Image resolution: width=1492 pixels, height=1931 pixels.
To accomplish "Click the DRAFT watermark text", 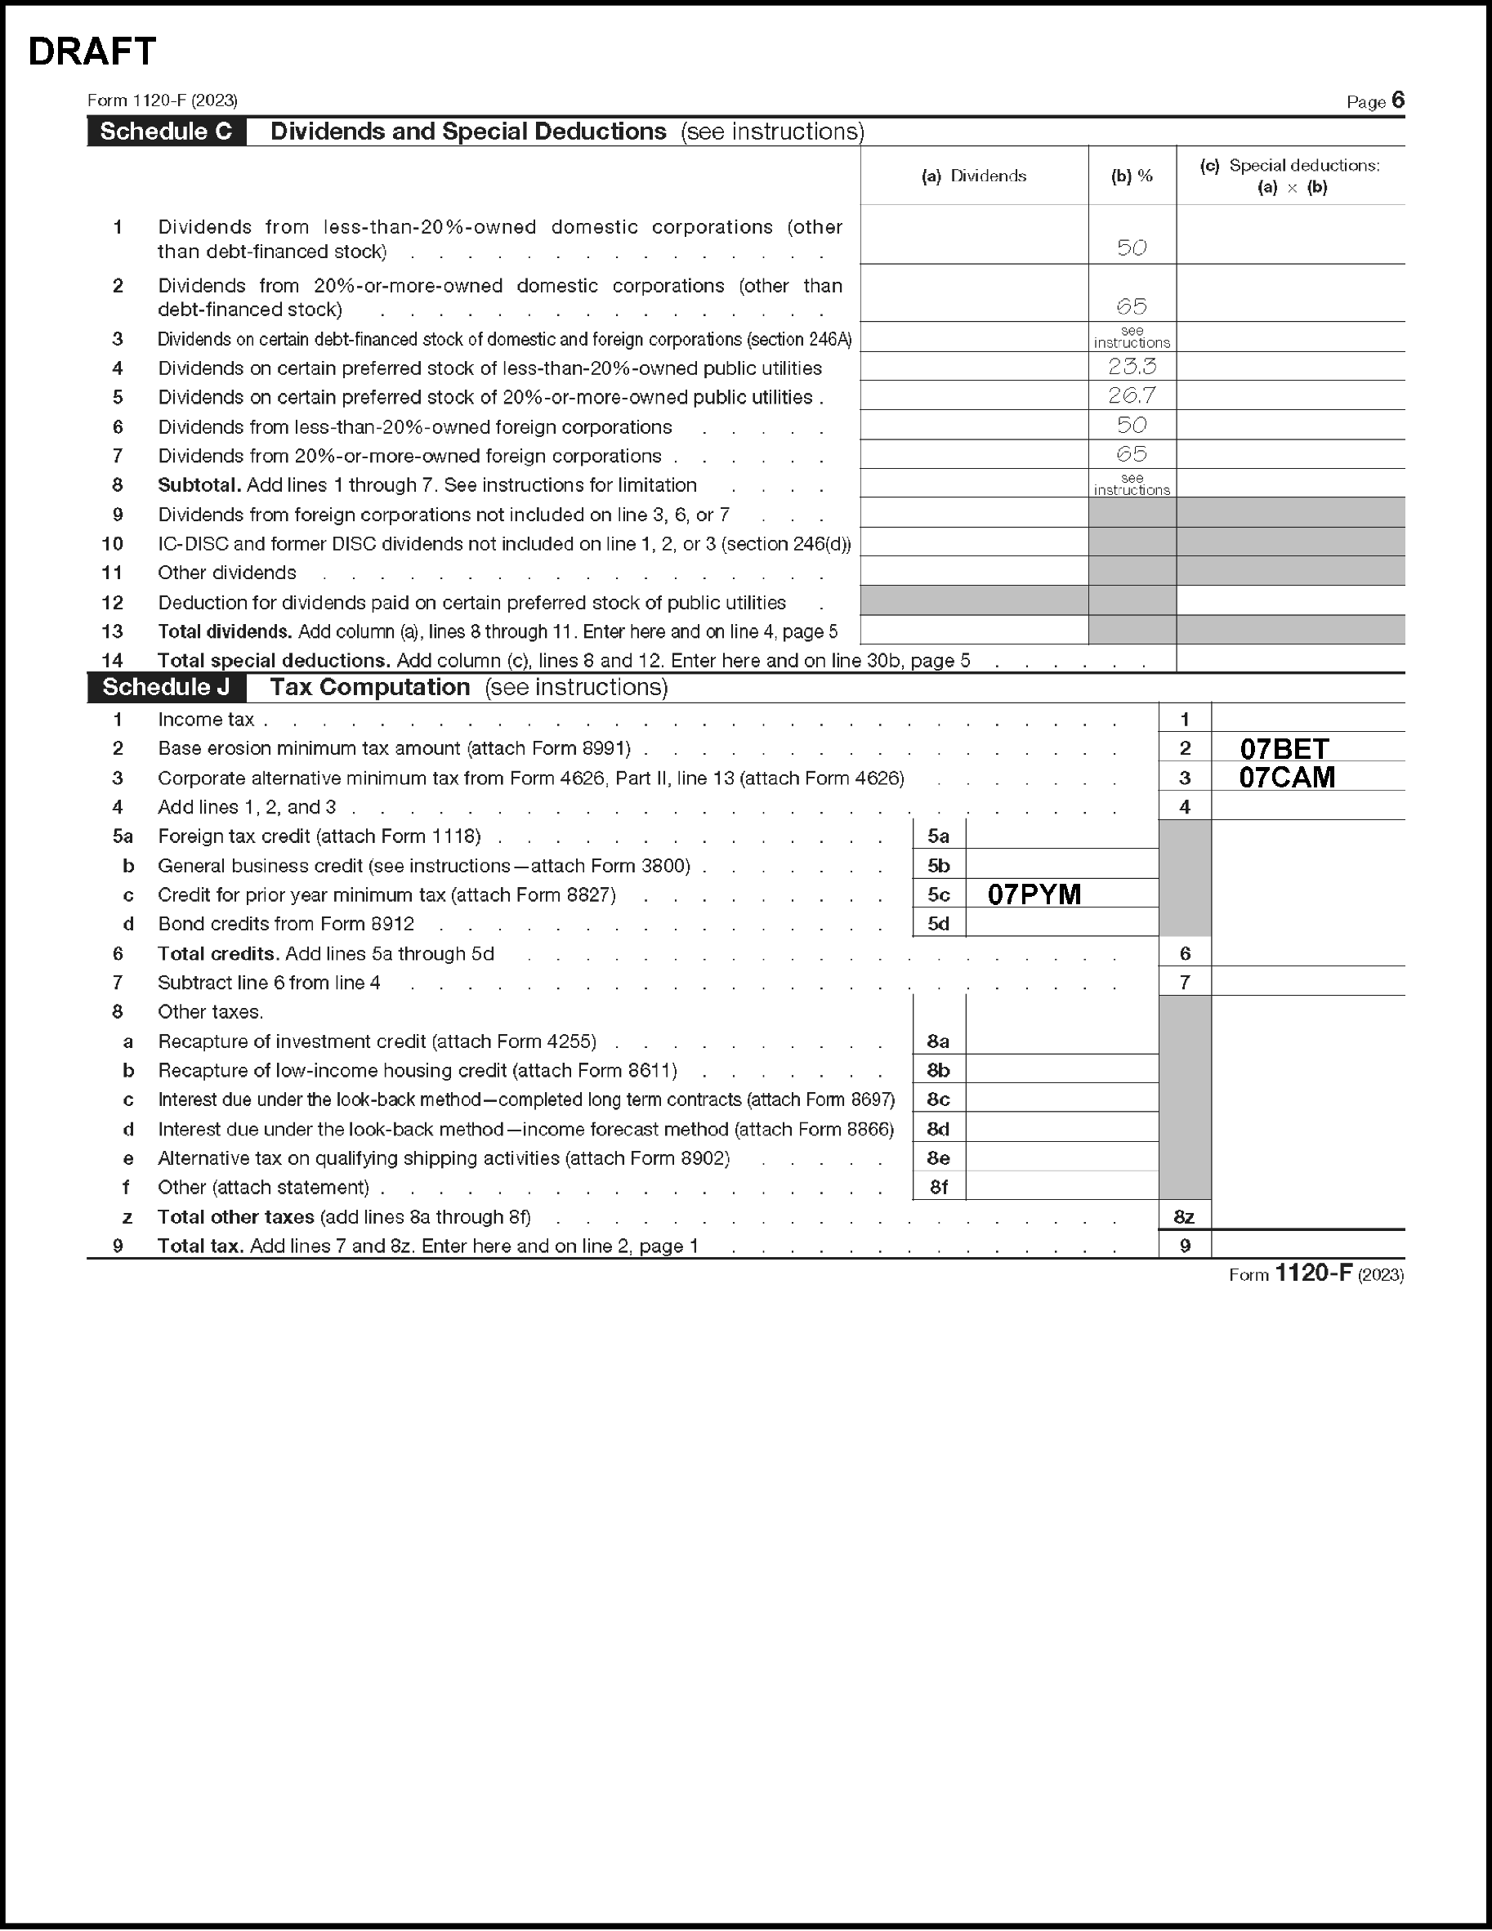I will coord(92,52).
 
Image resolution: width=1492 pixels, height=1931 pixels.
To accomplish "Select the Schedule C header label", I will coord(166,132).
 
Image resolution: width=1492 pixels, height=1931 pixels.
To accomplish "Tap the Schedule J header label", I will coord(166,687).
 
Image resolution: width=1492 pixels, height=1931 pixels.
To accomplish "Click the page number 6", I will coord(1397,100).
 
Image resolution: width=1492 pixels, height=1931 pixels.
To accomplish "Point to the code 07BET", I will coord(1284,749).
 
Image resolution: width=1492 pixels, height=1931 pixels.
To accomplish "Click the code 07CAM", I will coord(1287,778).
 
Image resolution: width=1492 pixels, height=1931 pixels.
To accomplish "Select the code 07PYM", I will coord(1034,894).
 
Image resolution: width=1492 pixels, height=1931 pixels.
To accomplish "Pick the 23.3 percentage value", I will coord(1132,366).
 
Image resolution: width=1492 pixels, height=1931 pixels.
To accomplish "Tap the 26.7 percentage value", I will coord(1132,395).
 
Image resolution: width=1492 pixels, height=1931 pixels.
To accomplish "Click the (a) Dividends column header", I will coord(974,176).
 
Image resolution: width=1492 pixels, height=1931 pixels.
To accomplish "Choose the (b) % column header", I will coord(1132,176).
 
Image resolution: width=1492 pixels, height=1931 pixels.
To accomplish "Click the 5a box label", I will coord(938,836).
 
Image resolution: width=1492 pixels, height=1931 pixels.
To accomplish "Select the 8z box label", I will coord(1184,1216).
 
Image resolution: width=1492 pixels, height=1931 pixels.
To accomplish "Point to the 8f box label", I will coord(938,1188).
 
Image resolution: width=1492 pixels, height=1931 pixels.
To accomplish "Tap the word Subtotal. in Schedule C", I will coord(199,485).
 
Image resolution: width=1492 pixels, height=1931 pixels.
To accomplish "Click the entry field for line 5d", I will coord(1061,924).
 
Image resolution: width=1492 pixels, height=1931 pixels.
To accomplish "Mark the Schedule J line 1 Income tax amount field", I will coord(1307,719).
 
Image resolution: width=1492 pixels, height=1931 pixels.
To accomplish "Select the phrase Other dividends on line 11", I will coord(227,573).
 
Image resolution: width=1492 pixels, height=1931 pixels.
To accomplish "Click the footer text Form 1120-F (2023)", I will coord(1316,1274).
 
